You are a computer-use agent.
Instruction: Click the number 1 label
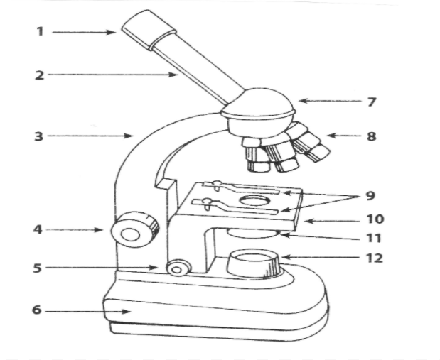[41, 31]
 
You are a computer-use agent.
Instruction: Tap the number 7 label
[372, 102]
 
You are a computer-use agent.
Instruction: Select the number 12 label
[375, 258]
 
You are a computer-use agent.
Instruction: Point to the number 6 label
[37, 310]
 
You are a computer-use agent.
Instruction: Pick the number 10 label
[375, 219]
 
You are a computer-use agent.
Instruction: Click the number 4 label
[38, 229]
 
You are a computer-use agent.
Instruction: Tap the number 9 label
[370, 196]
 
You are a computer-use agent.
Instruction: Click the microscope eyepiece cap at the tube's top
[149, 30]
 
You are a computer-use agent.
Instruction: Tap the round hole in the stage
[254, 201]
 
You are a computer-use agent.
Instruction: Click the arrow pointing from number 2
[113, 75]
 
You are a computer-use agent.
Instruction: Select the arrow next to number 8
[344, 136]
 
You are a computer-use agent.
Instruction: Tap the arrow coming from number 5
[101, 268]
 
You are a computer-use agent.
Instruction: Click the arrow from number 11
[320, 237]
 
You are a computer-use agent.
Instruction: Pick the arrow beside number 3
[90, 136]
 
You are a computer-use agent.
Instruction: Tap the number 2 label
[40, 75]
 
